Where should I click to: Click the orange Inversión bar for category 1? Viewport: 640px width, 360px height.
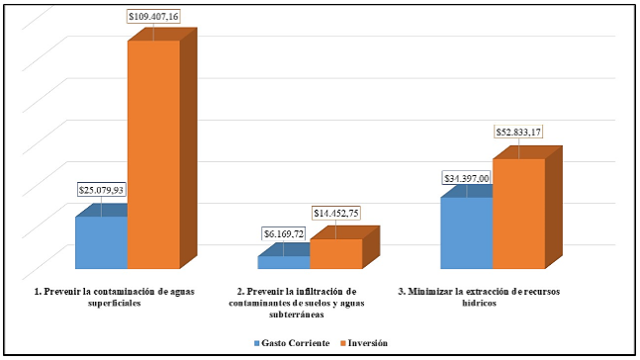(153, 153)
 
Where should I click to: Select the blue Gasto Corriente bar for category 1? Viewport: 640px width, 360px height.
(101, 242)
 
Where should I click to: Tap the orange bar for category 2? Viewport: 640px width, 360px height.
(335, 254)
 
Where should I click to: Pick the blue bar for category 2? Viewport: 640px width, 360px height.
(284, 263)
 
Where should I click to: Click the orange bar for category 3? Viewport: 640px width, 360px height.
(518, 213)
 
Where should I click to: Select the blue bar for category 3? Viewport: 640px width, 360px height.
(466, 232)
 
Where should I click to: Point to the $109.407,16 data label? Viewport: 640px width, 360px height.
(154, 17)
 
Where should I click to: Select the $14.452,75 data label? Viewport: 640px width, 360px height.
(338, 212)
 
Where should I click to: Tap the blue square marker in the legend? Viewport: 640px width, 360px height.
(257, 342)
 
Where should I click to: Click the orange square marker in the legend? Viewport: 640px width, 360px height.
(334, 342)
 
